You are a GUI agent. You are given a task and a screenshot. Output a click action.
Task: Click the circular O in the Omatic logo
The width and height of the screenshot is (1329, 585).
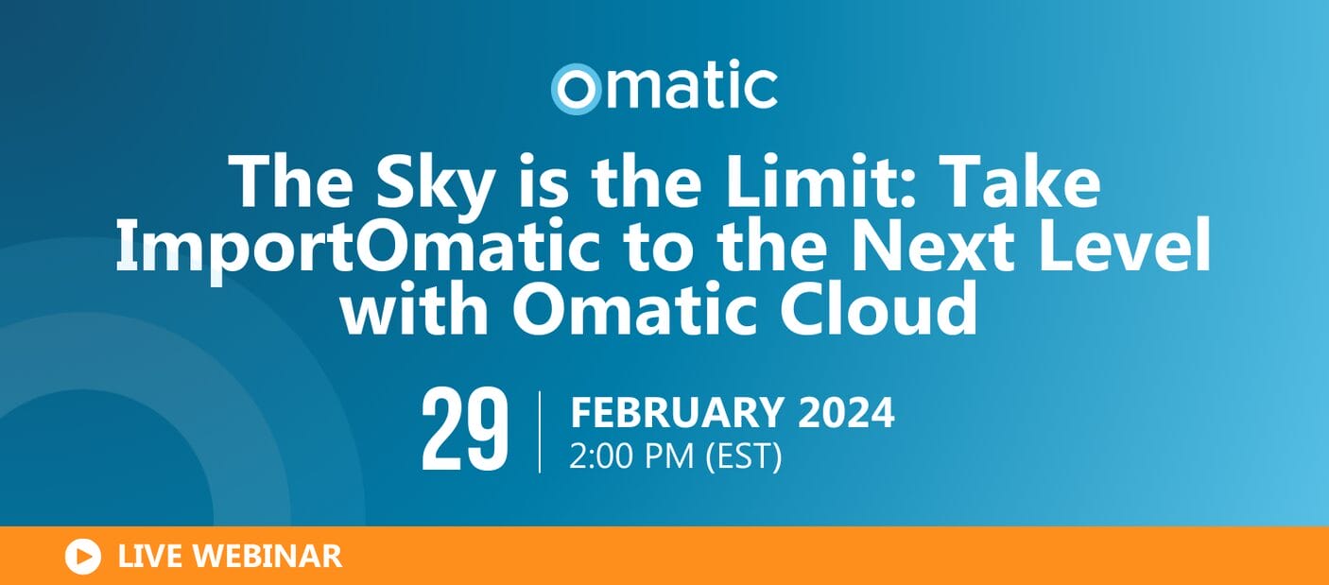click(576, 89)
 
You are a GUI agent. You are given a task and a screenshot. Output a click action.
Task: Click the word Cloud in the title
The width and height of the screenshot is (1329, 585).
click(878, 308)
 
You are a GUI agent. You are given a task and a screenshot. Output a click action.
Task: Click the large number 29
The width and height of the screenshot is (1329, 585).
click(464, 430)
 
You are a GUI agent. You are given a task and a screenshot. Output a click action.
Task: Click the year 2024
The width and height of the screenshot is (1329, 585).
click(846, 413)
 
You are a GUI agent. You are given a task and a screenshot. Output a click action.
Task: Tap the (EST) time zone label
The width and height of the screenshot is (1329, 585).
click(744, 456)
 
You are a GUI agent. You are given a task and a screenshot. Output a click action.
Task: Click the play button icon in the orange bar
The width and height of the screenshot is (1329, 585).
click(83, 557)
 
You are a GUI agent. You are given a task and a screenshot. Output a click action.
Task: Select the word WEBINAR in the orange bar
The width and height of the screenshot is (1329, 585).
click(268, 557)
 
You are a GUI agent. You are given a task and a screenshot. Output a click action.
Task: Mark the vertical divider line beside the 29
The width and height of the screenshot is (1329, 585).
click(540, 432)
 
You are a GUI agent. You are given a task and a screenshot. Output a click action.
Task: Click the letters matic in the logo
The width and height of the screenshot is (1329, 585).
click(691, 85)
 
